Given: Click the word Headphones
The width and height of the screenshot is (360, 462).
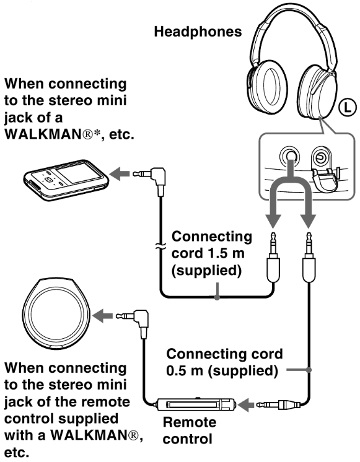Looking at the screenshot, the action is click(198, 32).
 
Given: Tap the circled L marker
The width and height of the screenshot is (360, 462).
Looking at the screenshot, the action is click(347, 107).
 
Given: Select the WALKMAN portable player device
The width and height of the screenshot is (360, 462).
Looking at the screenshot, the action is click(66, 180).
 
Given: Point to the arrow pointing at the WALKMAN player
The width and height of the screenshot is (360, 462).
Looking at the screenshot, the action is click(119, 173).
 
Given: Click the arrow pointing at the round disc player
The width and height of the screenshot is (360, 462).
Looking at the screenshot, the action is click(103, 316).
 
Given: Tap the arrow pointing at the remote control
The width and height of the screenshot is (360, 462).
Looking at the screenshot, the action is click(246, 405).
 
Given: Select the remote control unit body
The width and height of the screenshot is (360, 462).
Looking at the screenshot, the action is click(196, 404).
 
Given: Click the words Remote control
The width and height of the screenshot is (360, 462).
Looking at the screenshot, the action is click(189, 430).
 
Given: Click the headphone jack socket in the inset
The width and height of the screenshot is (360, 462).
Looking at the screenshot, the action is click(289, 155).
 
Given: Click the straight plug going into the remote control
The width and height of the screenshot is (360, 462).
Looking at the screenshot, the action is click(278, 404).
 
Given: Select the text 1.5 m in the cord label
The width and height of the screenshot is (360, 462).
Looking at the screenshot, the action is click(228, 253).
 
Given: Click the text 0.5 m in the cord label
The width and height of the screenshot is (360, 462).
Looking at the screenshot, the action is click(185, 371).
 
